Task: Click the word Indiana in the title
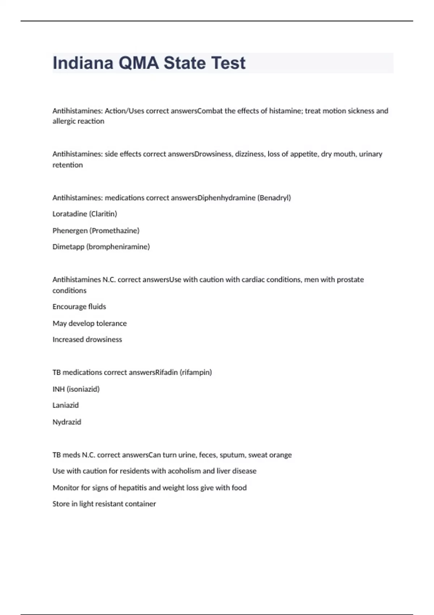[x=82, y=63]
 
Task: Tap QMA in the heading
[x=139, y=63]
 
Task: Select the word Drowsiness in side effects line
[x=213, y=154]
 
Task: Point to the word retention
[x=68, y=165]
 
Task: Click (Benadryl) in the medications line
[x=274, y=198]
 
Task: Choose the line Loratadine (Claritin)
[x=85, y=214]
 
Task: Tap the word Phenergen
[x=70, y=230]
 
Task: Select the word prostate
[x=350, y=280]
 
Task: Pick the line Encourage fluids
[x=79, y=307]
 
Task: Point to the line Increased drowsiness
[x=87, y=340]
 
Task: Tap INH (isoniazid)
[x=76, y=389]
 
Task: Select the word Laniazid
[x=65, y=405]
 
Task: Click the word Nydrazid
[x=67, y=422]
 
